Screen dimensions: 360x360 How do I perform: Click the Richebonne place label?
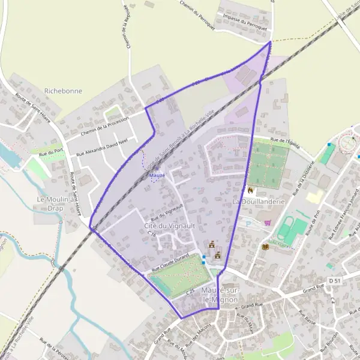(x=63, y=91)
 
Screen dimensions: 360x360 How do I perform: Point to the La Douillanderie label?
(x=257, y=202)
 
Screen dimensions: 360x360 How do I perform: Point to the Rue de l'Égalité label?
(x=285, y=142)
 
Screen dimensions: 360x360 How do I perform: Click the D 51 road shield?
(x=335, y=280)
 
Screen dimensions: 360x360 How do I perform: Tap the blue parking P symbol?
(x=248, y=223)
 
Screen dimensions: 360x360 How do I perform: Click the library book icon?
(x=265, y=246)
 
